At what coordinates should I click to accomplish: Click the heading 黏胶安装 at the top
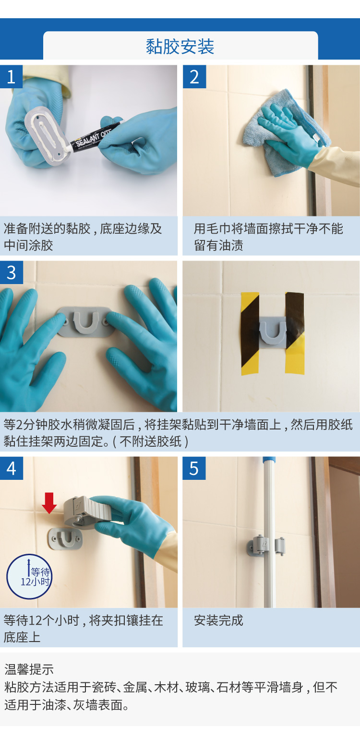coord(180,47)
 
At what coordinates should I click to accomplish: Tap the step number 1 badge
coord(11,76)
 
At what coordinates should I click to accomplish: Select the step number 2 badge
coord(194,76)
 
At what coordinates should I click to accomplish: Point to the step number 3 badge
coord(12,273)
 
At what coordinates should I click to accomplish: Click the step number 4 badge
coord(12,468)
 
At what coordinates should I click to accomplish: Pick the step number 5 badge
coord(194,468)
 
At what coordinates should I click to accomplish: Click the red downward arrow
coord(49,503)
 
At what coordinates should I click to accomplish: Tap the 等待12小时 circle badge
coord(29,577)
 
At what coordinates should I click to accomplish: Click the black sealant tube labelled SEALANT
coord(94,138)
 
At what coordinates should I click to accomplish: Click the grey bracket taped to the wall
coord(272,332)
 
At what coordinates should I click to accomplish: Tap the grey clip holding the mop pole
coord(266,546)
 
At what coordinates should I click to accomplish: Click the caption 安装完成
coord(218,620)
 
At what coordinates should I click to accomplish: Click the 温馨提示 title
coord(29,669)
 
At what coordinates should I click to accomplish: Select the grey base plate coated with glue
coord(46,136)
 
